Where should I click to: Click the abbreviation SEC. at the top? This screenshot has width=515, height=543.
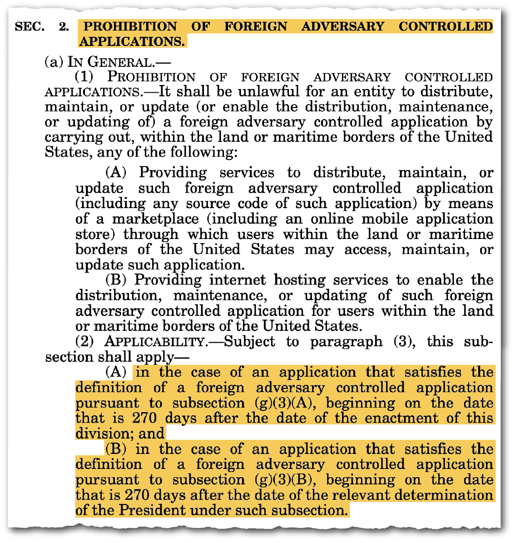[30, 26]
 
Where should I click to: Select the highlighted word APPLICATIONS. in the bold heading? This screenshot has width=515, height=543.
[132, 41]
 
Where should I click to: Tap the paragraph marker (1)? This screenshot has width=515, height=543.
[84, 77]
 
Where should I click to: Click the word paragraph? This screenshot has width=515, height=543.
[347, 342]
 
